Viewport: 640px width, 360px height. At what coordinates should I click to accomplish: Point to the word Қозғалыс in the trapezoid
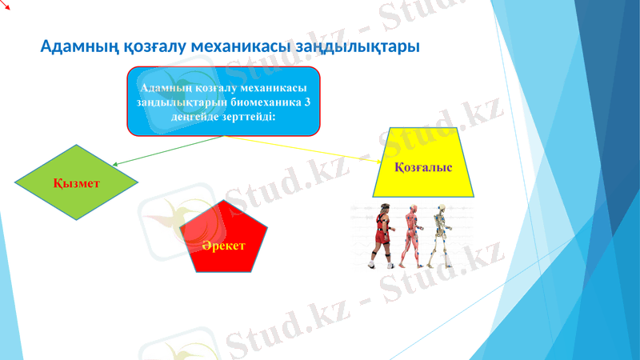pos(423,167)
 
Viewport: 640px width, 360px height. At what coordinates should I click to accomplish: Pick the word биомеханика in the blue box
pos(266,102)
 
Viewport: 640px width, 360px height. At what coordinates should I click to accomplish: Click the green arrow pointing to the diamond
pos(167,151)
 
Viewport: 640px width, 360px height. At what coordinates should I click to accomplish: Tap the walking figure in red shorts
pos(382,237)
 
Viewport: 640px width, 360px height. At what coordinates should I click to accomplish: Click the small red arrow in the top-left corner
pos(5,5)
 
